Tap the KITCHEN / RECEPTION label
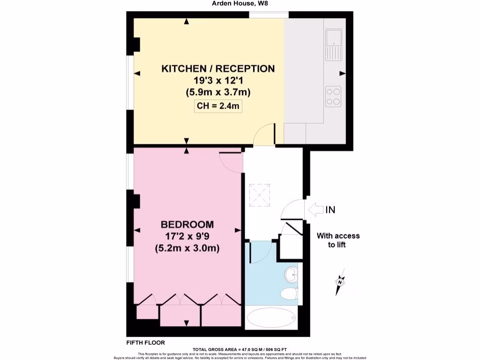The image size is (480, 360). point(218,69)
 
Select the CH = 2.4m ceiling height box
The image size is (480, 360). point(218,106)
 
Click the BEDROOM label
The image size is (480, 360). point(187,225)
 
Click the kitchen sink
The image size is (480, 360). point(334,45)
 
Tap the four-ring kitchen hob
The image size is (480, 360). point(334,96)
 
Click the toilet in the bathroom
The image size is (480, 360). point(289,294)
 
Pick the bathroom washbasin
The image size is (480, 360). point(291,274)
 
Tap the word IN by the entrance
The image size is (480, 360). point(330,210)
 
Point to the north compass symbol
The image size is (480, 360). point(340,282)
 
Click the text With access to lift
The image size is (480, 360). point(338,240)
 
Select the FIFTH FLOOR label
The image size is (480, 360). point(146,343)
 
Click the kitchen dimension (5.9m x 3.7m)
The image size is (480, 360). point(218,92)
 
